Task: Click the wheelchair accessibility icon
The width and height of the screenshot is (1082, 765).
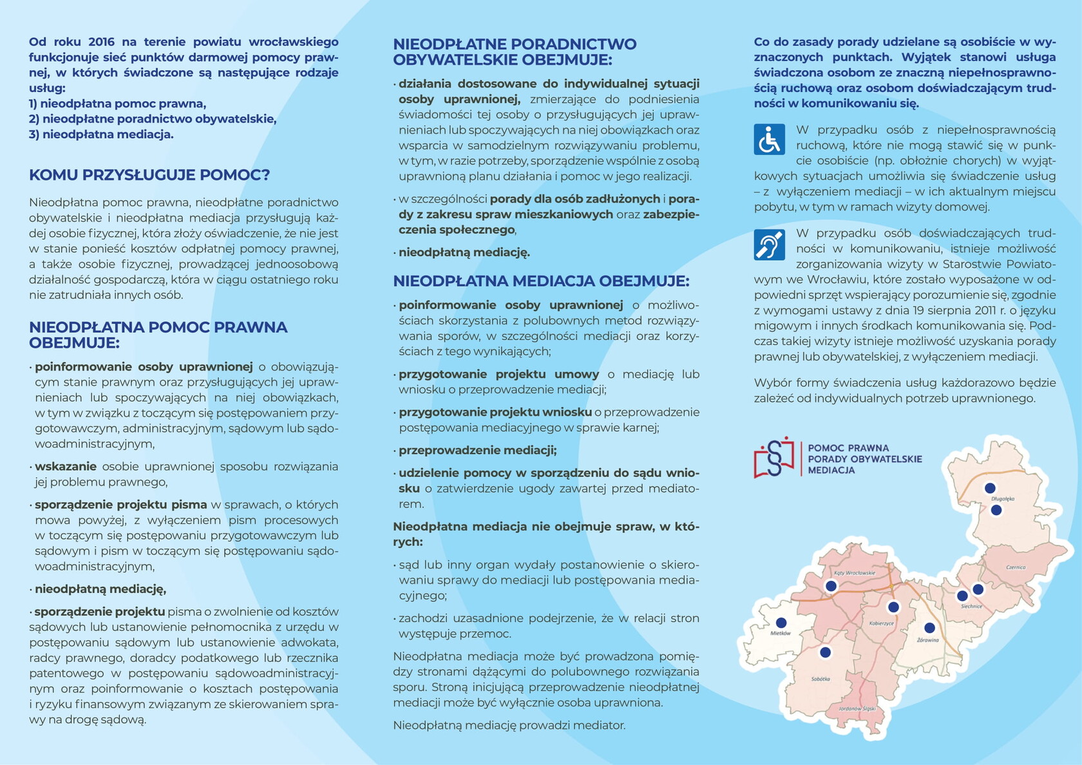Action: pyautogui.click(x=769, y=140)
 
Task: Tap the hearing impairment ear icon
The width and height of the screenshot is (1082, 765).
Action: pyautogui.click(x=769, y=245)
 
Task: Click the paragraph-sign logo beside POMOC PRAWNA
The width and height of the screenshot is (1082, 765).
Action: pyautogui.click(x=774, y=458)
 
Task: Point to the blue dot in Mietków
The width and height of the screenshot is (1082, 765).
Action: pyautogui.click(x=781, y=623)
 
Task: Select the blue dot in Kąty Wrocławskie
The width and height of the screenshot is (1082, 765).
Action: pyautogui.click(x=831, y=586)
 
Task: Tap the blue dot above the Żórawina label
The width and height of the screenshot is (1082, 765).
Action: pyautogui.click(x=929, y=628)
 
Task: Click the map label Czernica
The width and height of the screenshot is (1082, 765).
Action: pyautogui.click(x=1016, y=567)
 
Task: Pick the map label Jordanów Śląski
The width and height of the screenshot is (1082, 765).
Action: pyautogui.click(x=857, y=708)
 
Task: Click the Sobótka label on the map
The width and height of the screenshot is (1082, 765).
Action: pyautogui.click(x=821, y=679)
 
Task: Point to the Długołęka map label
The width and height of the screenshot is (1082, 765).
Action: pyautogui.click(x=1003, y=498)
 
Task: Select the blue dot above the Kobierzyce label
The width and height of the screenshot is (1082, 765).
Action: pyautogui.click(x=893, y=607)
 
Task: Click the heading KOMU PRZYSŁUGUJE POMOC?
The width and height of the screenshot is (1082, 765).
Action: pyautogui.click(x=149, y=175)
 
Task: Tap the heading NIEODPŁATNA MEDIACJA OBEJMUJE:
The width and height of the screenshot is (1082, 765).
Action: pyautogui.click(x=541, y=281)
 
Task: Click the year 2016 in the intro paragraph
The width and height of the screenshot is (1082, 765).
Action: pyautogui.click(x=101, y=42)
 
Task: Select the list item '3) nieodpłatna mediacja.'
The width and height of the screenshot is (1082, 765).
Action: pyautogui.click(x=101, y=135)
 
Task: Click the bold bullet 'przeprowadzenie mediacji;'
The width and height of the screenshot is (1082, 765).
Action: pyautogui.click(x=477, y=450)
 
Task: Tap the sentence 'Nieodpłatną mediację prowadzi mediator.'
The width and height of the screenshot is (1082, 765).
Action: pyautogui.click(x=509, y=726)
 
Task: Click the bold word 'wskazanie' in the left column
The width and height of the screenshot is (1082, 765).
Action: pyautogui.click(x=66, y=467)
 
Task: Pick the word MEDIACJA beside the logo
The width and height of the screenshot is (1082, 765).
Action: pyautogui.click(x=831, y=471)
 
